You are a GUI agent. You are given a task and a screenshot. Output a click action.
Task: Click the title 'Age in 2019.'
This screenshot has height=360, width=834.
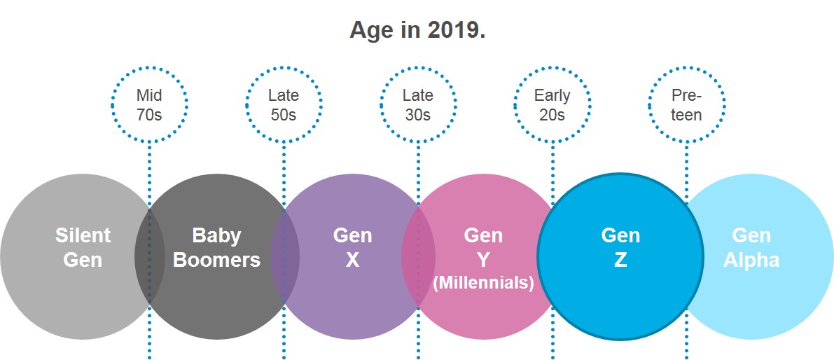[417, 31]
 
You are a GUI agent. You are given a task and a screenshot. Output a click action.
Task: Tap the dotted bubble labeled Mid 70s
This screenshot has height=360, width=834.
[149, 104]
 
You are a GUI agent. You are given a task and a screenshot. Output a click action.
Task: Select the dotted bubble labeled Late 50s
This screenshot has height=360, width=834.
[284, 104]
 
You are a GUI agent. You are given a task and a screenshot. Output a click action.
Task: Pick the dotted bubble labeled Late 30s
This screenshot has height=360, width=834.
[418, 104]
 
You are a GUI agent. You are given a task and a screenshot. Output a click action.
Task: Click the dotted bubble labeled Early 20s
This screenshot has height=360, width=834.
[552, 104]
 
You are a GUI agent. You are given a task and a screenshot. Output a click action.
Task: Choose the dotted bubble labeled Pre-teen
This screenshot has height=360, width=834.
[686, 104]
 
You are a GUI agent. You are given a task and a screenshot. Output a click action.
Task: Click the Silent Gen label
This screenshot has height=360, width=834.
[83, 247]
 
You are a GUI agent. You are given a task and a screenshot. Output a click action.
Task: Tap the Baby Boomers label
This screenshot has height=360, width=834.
[216, 247]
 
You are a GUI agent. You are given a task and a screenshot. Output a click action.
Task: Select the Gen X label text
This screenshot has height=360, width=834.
[352, 247]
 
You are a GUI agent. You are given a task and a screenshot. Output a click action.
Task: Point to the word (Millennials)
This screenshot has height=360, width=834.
[483, 283]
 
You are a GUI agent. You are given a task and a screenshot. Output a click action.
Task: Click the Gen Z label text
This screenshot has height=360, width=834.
[620, 247]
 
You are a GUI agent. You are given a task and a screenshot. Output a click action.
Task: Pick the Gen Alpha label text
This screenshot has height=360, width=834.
[751, 247]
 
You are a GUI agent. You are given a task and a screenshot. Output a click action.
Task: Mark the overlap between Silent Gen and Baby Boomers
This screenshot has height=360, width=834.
[149, 256]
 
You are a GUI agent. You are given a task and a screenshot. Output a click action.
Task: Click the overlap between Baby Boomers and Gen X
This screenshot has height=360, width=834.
[285, 256]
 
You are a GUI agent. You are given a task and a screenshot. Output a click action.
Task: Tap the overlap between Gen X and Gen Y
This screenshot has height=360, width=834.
[418, 256]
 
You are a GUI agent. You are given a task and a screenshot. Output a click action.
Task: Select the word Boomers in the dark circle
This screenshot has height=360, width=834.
[216, 260]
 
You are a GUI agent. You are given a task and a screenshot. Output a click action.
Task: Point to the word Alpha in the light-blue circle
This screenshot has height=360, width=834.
[751, 260]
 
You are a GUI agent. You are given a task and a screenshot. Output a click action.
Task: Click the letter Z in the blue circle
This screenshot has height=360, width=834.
[620, 260]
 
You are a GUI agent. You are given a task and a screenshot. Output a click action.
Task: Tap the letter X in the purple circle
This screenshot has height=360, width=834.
[352, 260]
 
